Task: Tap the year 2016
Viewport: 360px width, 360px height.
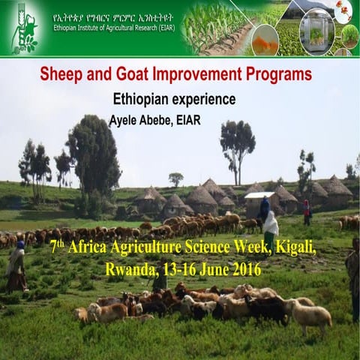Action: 244,268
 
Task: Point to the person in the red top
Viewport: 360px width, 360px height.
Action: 307,211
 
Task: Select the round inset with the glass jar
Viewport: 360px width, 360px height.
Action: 316,31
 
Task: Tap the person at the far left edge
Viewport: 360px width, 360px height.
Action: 15,266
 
